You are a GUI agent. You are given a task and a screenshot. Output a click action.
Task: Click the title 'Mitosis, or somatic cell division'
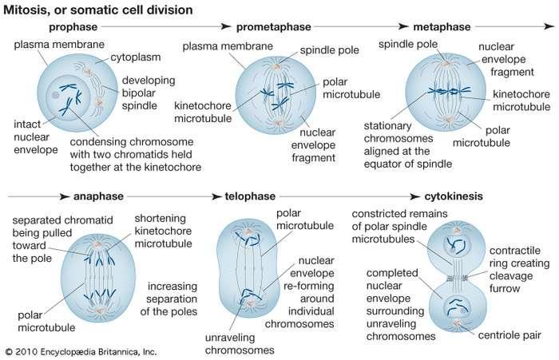pyautogui.click(x=98, y=10)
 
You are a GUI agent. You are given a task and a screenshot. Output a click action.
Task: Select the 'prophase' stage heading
pyautogui.click(x=73, y=27)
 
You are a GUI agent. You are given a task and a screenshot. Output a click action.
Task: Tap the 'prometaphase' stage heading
pyautogui.click(x=273, y=27)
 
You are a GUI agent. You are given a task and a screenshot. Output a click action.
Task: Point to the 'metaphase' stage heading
pyautogui.click(x=442, y=27)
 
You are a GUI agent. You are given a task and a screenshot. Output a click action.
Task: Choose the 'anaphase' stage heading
pyautogui.click(x=98, y=196)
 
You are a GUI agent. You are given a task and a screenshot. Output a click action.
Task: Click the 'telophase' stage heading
pyautogui.click(x=250, y=196)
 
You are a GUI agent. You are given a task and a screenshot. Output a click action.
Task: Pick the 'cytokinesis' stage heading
pyautogui.click(x=454, y=196)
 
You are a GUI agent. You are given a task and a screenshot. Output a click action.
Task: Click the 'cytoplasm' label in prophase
pyautogui.click(x=136, y=57)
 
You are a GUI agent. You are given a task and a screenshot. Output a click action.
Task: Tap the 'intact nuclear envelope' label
pyautogui.click(x=36, y=136)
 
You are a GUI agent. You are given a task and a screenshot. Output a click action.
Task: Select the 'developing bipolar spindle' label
pyautogui.click(x=149, y=93)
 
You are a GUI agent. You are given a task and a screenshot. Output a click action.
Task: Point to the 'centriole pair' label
pyautogui.click(x=509, y=335)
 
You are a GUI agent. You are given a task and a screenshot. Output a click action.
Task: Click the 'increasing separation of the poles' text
pyautogui.click(x=168, y=299)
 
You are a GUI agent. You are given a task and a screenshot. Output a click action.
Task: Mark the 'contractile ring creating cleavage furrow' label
pyautogui.click(x=519, y=270)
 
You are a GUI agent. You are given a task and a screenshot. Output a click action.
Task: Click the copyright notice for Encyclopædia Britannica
pyautogui.click(x=81, y=352)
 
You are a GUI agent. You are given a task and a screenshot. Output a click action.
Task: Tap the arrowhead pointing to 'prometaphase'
pyautogui.click(x=226, y=26)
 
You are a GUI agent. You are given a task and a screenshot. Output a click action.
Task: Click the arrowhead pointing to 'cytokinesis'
pyautogui.click(x=415, y=196)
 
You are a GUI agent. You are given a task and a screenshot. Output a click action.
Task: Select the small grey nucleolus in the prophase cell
pyautogui.click(x=55, y=95)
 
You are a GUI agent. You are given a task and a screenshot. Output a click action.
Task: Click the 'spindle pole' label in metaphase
pyautogui.click(x=408, y=45)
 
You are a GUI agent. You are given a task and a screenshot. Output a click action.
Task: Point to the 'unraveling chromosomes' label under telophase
pyautogui.click(x=240, y=344)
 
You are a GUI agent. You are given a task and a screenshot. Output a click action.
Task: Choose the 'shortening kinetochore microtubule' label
pyautogui.click(x=163, y=231)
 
